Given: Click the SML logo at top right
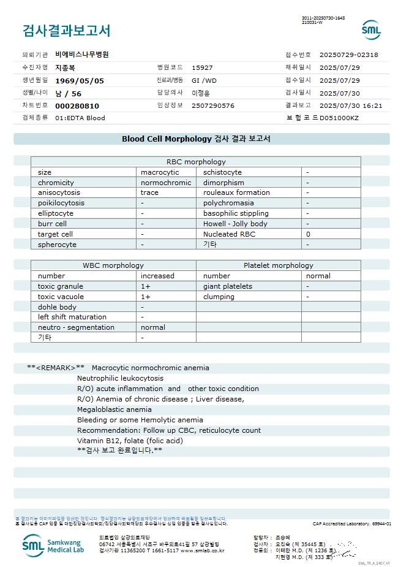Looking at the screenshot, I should pyautogui.click(x=371, y=29).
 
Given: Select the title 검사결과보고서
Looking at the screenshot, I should pyautogui.click(x=67, y=31).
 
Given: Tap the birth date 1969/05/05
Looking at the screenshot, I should pyautogui.click(x=80, y=80).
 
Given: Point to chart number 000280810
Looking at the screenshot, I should pyautogui.click(x=77, y=105).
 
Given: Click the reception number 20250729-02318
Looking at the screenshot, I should pyautogui.click(x=349, y=55).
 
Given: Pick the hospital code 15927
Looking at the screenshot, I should pyautogui.click(x=202, y=67).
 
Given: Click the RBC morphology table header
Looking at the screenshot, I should pyautogui.click(x=196, y=162).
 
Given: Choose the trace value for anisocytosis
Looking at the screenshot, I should pyautogui.click(x=150, y=192).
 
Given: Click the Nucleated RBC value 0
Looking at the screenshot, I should pyautogui.click(x=309, y=234).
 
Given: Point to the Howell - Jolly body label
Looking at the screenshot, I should pyautogui.click(x=235, y=224).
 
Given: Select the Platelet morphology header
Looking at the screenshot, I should pyautogui.click(x=278, y=265).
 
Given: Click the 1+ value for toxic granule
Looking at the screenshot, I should pyautogui.click(x=146, y=286).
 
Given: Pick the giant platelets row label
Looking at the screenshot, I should pyautogui.click(x=228, y=286).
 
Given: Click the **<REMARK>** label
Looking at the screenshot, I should pyautogui.click(x=56, y=368).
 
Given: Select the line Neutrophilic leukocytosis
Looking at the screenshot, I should pyautogui.click(x=120, y=378).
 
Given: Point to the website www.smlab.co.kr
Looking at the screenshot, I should pyautogui.click(x=202, y=550).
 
